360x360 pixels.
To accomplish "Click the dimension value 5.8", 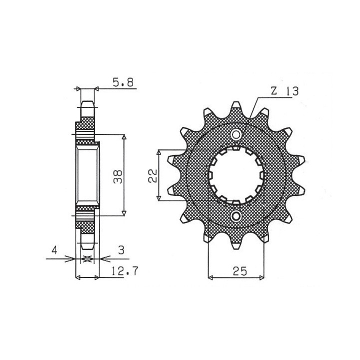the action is pyautogui.click(x=123, y=82).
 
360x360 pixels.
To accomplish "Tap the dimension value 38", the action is pyautogui.click(x=118, y=176).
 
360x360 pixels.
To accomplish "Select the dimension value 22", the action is pyautogui.click(x=152, y=175).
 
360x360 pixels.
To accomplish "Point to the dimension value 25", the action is pyautogui.click(x=239, y=271).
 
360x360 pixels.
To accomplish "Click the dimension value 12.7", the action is pyautogui.click(x=125, y=271).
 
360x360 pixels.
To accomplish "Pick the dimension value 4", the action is pyautogui.click(x=54, y=250).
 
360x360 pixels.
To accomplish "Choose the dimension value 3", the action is pyautogui.click(x=121, y=250).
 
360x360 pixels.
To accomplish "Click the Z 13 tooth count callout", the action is pyautogui.click(x=284, y=91).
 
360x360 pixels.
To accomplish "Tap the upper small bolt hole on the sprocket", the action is pyautogui.click(x=236, y=135).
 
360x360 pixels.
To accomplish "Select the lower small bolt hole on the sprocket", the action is pyautogui.click(x=236, y=216).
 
